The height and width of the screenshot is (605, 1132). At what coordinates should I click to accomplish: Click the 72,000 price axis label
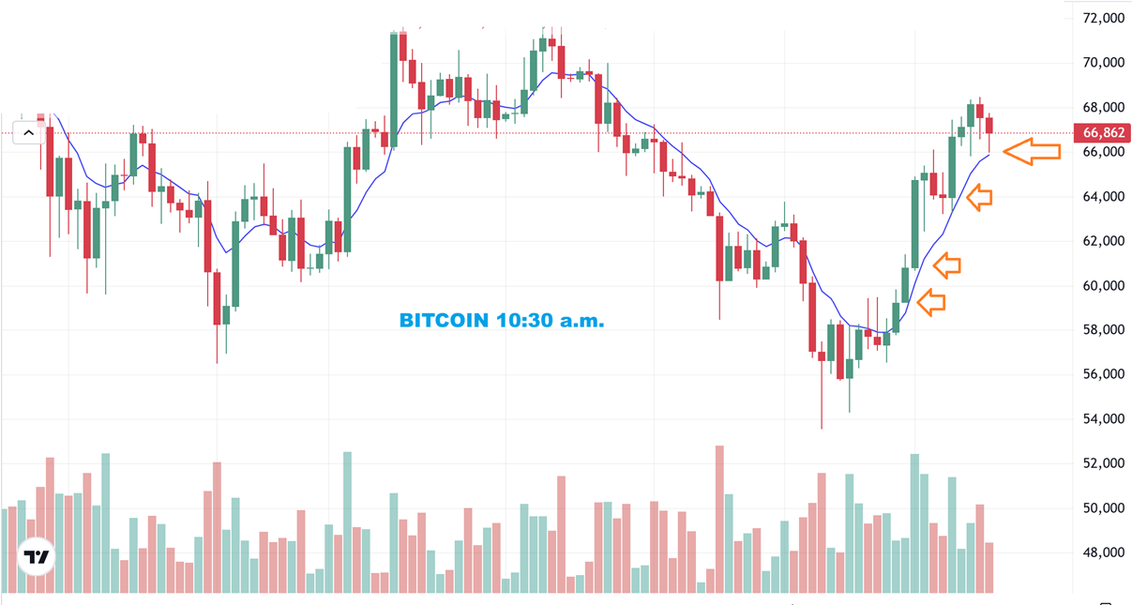click(1103, 19)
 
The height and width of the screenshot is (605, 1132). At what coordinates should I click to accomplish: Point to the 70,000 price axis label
click(1103, 63)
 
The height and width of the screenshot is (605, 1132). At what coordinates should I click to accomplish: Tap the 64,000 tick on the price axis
click(1103, 197)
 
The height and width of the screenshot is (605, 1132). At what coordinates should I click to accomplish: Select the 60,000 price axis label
click(1103, 286)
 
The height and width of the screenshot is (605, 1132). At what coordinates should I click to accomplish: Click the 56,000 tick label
click(1103, 374)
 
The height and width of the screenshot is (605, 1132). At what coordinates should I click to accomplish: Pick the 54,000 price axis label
click(1103, 419)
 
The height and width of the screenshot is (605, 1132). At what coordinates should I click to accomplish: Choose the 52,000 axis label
click(1103, 463)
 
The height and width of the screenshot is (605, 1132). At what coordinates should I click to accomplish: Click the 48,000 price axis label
click(1103, 552)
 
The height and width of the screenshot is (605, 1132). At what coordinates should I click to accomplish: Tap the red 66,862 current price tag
click(1104, 133)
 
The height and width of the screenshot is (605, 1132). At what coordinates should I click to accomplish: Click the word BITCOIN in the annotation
click(444, 321)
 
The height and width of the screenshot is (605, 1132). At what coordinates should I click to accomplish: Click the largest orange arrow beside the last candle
click(1032, 151)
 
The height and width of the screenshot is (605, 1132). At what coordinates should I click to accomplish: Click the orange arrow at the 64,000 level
click(979, 197)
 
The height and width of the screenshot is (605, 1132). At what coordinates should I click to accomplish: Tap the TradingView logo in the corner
click(38, 557)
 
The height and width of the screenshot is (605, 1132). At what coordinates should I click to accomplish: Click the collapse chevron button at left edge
click(28, 133)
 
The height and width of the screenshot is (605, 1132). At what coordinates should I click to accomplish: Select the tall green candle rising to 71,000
click(394, 89)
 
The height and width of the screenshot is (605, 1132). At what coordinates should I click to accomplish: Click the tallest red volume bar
click(719, 518)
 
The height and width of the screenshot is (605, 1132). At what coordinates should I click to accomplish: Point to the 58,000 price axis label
click(1103, 330)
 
